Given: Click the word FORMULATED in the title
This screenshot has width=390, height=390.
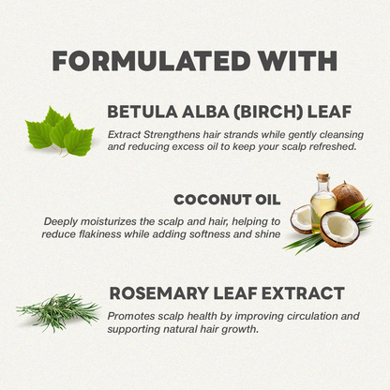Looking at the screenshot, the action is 152,60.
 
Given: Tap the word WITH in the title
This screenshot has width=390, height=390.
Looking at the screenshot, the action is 297,60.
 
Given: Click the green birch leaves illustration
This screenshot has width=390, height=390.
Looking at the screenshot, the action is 59,131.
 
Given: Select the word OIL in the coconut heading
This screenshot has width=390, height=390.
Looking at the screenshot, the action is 268,200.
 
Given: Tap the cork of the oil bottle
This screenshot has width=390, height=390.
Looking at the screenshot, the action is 322,176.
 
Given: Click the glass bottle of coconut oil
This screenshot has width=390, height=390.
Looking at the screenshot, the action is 322,202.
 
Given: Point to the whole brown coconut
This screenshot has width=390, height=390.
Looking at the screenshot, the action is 349,197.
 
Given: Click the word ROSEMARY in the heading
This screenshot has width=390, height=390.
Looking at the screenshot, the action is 159,293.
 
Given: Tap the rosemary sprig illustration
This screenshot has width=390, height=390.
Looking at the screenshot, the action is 59,311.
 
